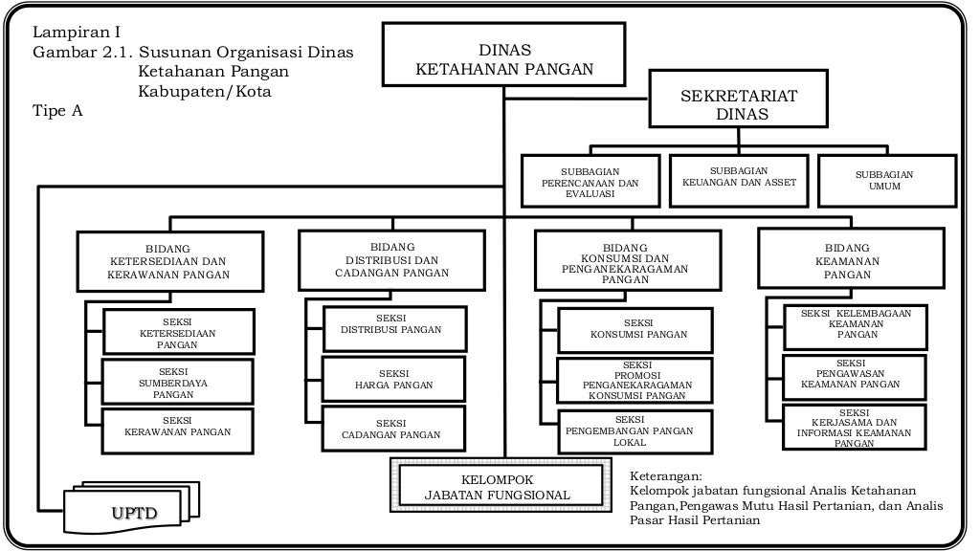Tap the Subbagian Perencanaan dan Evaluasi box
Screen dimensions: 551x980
[590, 182]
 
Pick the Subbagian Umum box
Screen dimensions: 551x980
[884, 180]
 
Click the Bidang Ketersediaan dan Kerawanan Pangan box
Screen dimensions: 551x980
[167, 260]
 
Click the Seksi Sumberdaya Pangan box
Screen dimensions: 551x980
[178, 382]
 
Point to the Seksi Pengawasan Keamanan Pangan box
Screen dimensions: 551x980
[854, 375]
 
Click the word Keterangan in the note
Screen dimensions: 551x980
[666, 475]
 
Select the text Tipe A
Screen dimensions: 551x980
[57, 111]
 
